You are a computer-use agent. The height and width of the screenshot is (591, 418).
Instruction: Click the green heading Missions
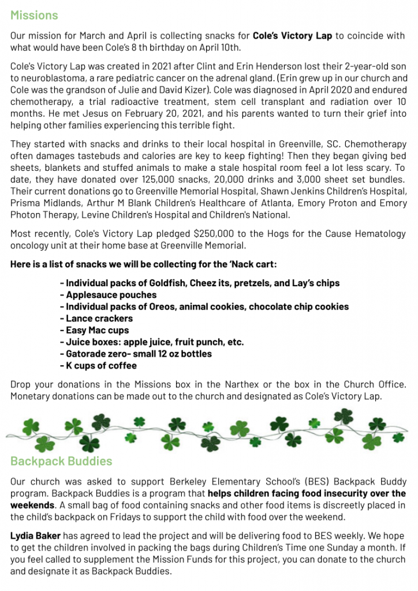[x=34, y=15]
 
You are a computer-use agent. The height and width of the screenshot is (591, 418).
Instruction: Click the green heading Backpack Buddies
[x=61, y=461]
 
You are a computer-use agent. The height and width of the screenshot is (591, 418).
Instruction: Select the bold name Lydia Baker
[x=35, y=536]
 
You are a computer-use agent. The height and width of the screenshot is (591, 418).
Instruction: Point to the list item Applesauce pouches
[x=108, y=295]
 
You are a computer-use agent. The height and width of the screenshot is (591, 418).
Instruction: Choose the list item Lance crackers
[x=96, y=318]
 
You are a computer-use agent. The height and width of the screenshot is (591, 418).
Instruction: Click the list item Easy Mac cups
[x=94, y=330]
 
